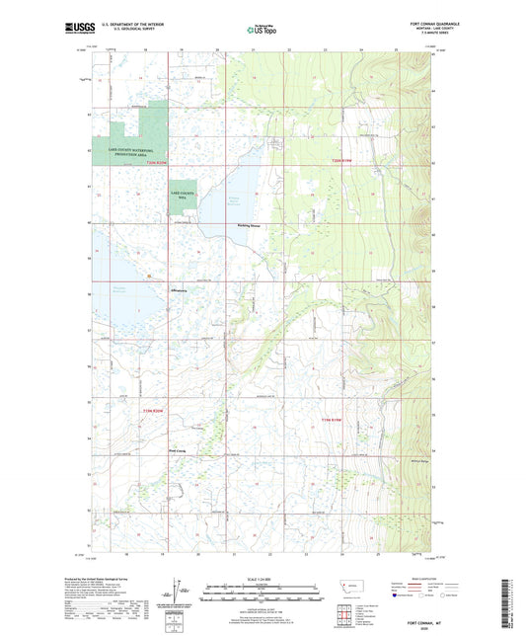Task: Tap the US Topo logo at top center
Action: click(x=262, y=30)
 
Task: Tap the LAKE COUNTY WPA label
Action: click(x=181, y=196)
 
